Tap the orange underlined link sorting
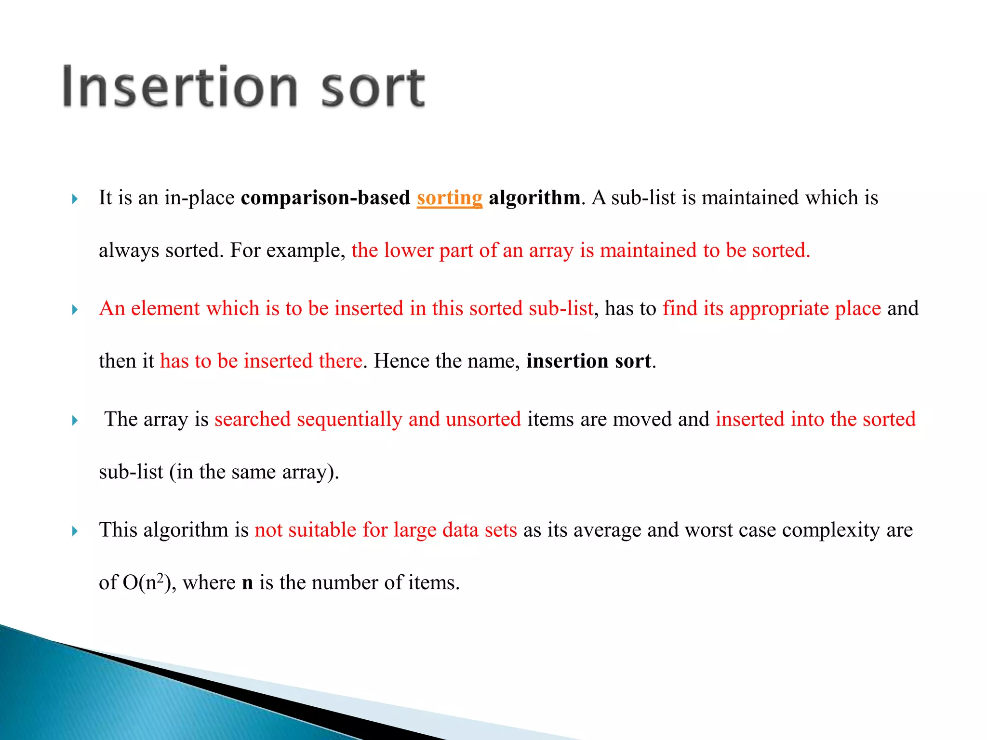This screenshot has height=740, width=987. pyautogui.click(x=449, y=198)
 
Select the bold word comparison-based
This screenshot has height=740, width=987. pyautogui.click(x=325, y=198)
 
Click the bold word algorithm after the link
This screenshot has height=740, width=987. pyautogui.click(x=534, y=198)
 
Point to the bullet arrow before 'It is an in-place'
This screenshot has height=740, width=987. pyautogui.click(x=75, y=199)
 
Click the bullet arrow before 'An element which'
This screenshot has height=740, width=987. pyautogui.click(x=75, y=310)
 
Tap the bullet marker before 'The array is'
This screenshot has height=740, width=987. pyautogui.click(x=75, y=421)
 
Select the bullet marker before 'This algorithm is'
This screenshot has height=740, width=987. pyautogui.click(x=75, y=531)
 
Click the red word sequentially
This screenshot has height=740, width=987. pyautogui.click(x=349, y=420)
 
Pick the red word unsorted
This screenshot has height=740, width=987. pyautogui.click(x=483, y=419)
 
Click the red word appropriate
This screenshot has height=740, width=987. pyautogui.click(x=778, y=309)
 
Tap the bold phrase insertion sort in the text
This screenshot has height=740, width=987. pyautogui.click(x=588, y=361)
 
